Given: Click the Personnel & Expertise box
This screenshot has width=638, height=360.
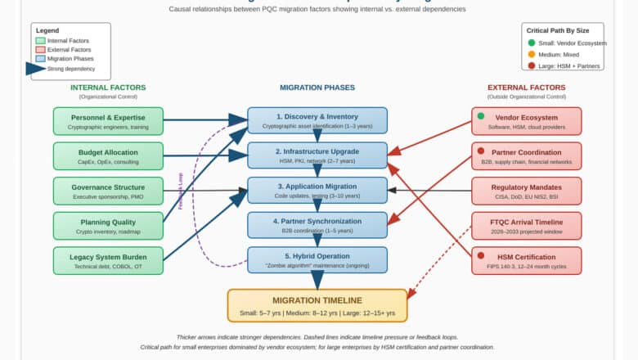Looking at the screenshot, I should [x=108, y=121].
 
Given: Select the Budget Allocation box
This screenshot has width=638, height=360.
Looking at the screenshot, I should [x=108, y=155].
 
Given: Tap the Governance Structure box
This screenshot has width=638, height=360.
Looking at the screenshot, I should [x=108, y=191].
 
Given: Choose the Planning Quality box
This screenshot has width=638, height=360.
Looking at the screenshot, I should [x=108, y=225].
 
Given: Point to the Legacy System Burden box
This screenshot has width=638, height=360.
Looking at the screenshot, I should [x=108, y=260].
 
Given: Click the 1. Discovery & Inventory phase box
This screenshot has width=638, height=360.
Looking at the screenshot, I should [x=317, y=121].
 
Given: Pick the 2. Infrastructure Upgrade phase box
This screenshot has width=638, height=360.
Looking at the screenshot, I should [x=317, y=155].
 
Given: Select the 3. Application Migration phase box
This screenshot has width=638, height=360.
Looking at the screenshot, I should [x=317, y=191].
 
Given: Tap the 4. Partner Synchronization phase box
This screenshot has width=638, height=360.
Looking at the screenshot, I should [x=317, y=225].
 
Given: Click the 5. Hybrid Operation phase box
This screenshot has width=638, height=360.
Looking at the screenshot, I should [x=317, y=260].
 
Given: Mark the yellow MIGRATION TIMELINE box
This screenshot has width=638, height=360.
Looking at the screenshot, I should [x=317, y=305].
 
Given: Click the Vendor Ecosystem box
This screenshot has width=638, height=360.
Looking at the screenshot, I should [x=527, y=121].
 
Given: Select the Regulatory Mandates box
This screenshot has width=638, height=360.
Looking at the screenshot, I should [x=527, y=191].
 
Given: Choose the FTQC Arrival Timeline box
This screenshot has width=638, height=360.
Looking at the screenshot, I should [x=527, y=225].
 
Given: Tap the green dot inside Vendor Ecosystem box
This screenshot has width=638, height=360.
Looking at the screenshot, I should [x=480, y=116].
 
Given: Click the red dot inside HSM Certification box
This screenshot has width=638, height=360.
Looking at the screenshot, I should [x=480, y=255].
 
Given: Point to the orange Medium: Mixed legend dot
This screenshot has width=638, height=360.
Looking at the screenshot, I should [x=532, y=55].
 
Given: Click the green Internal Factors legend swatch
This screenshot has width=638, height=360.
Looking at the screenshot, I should [x=41, y=40].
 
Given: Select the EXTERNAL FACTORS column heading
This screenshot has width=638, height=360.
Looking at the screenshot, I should [x=526, y=88].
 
